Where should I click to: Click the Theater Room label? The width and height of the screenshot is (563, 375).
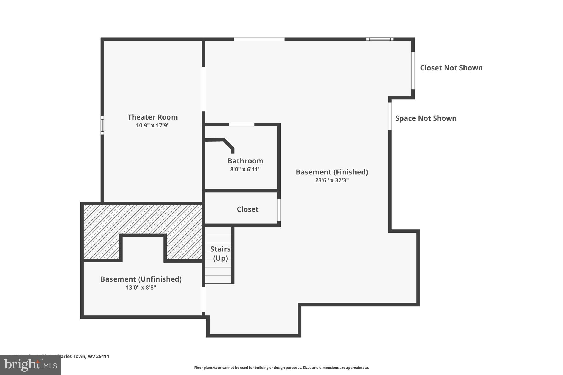point(153,117)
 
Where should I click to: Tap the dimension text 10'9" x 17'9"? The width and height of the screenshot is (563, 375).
point(153,126)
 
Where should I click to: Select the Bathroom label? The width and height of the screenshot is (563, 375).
point(245,161)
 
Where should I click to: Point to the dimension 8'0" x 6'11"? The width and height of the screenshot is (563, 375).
point(245,169)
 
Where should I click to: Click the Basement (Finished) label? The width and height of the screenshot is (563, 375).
point(332,172)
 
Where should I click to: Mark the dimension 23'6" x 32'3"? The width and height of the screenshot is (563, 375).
point(332,180)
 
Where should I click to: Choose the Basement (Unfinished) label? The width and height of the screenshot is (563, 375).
point(141,279)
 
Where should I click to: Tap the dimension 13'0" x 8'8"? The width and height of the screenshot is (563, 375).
point(141,288)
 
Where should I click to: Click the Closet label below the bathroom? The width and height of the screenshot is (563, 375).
point(247,209)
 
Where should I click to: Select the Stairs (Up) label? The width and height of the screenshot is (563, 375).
point(220,254)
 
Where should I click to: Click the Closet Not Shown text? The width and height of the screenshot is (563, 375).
point(451,68)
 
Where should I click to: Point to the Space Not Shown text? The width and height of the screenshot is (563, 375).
point(426,118)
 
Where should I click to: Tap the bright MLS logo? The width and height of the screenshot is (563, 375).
point(31,365)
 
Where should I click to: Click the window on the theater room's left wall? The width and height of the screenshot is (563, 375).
point(102,125)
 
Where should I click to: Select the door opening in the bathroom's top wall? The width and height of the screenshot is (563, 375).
point(242,125)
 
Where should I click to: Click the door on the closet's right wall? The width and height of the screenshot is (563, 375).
point(279,210)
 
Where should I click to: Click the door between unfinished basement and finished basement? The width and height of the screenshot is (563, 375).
point(203,299)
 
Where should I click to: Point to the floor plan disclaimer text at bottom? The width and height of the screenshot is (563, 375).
point(281,368)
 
